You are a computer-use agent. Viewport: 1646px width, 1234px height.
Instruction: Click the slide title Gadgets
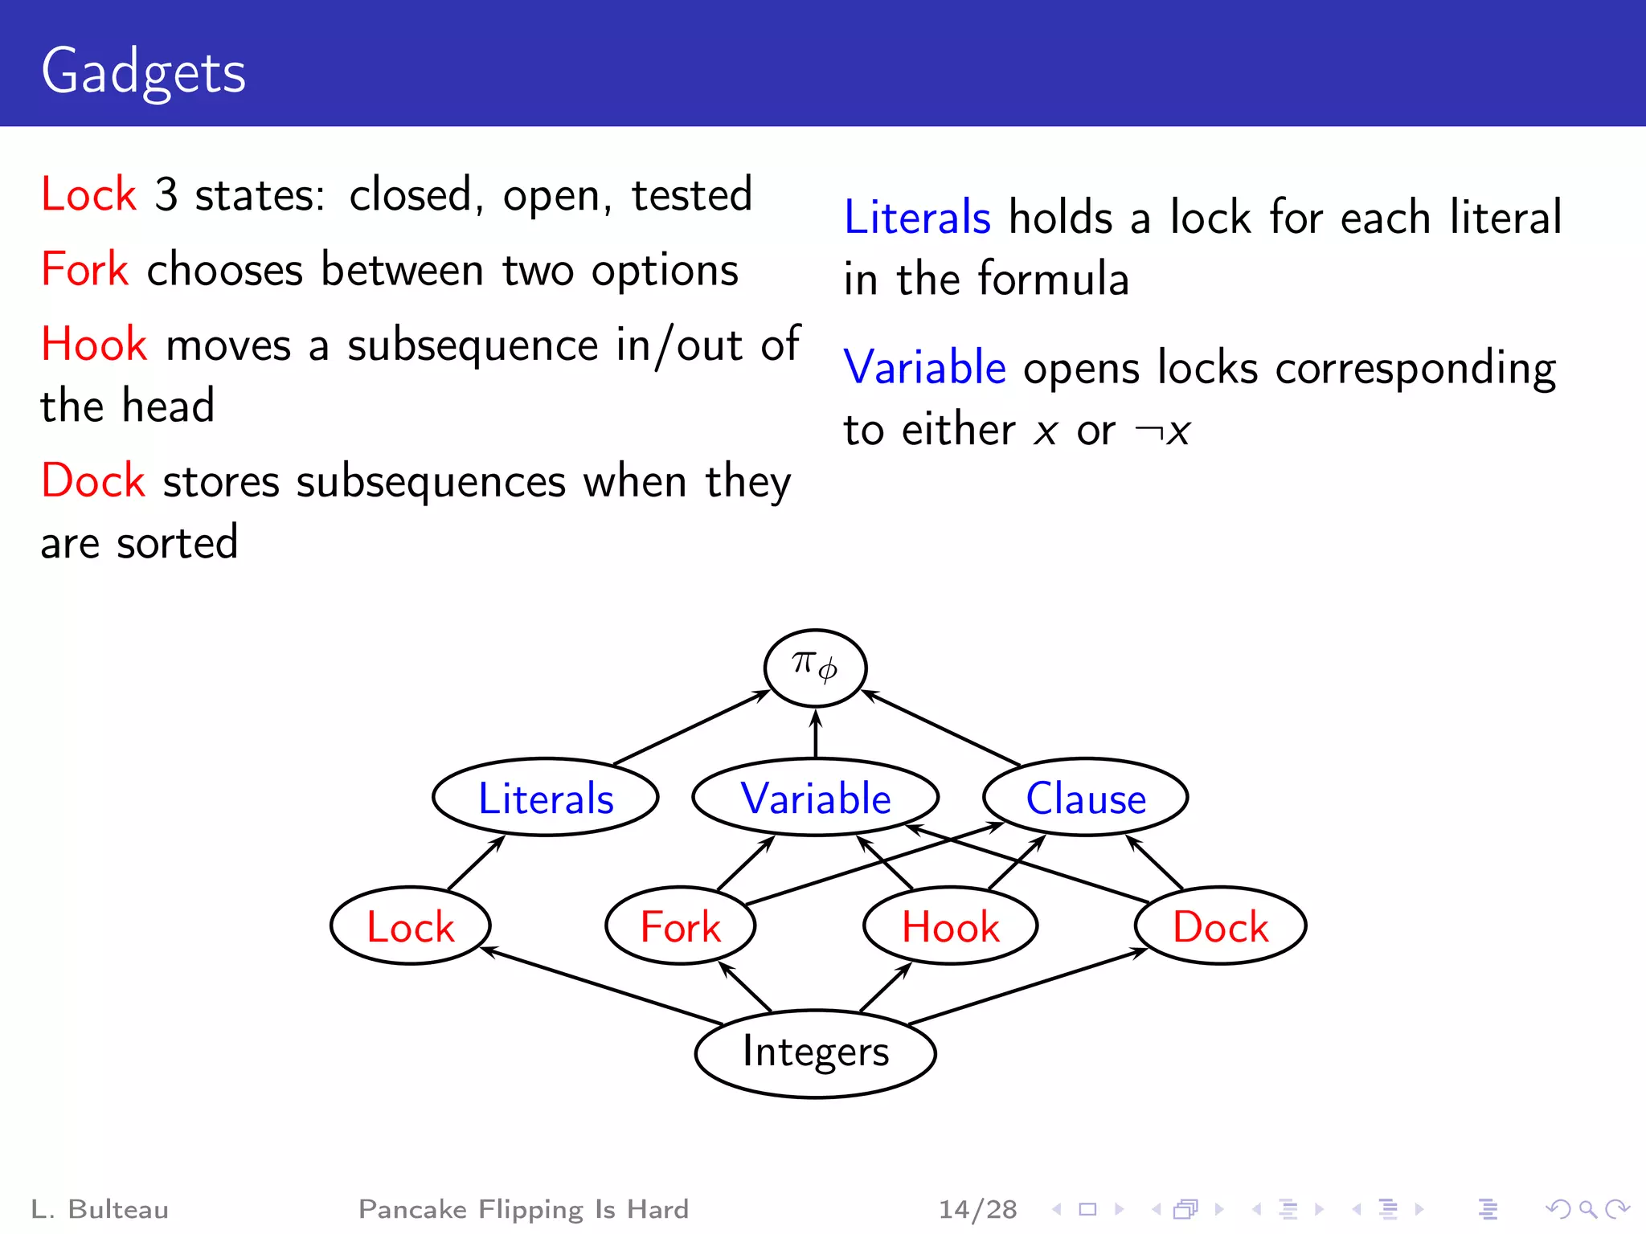pos(143,72)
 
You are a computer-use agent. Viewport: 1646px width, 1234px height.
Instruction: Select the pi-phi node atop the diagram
pos(815,668)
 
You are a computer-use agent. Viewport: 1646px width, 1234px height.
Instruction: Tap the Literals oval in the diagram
pos(546,798)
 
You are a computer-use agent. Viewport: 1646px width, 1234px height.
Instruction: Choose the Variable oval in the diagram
pos(815,798)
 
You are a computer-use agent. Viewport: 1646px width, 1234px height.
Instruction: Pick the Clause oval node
pos(1086,798)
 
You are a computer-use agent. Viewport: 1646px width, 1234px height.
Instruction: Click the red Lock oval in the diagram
pos(410,926)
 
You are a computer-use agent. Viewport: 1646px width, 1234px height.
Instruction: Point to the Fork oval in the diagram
pos(680,926)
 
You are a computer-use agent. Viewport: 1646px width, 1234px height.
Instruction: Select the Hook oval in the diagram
pos(950,926)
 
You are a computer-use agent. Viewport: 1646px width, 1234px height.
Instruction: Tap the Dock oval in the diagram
pos(1220,926)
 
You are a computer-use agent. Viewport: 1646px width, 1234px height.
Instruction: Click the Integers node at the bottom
pos(815,1052)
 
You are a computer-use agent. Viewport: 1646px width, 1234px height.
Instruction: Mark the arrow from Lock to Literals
pos(476,863)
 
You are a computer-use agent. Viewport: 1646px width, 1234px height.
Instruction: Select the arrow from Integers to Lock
pos(603,987)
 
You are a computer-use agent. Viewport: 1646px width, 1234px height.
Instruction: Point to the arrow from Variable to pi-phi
pos(816,734)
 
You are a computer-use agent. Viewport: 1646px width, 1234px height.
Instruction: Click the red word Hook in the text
pos(94,345)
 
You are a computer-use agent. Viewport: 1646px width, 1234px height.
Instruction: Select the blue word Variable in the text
pos(924,368)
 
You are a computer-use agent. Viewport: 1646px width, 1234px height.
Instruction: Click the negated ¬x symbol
pos(1162,431)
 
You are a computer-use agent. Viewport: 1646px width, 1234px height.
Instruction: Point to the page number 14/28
pos(977,1209)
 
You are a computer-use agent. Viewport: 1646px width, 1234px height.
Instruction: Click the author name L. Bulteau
pos(100,1209)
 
